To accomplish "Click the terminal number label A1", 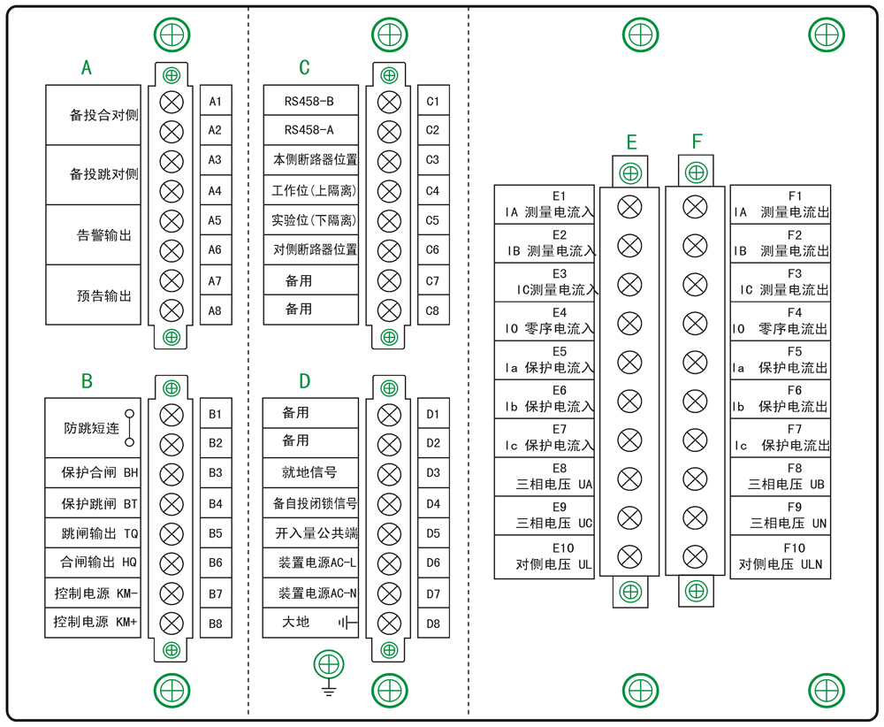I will [215, 101].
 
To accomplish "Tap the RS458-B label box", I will [310, 101].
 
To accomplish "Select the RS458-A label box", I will [310, 130].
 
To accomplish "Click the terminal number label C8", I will [432, 310].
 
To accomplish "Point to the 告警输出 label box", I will [93, 235].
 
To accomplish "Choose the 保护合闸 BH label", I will [93, 473].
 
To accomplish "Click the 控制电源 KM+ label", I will [93, 622].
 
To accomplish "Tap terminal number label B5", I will [215, 533].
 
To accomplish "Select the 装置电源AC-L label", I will [310, 562].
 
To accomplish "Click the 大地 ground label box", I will [310, 623].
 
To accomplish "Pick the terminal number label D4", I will [433, 503].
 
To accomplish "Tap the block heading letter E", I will [631, 142].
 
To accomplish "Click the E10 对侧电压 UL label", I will [545, 556].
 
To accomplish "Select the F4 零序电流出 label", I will [780, 321].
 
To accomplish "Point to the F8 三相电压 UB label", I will [780, 477].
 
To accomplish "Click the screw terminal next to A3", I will [171, 161].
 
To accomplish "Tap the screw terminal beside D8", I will [389, 623].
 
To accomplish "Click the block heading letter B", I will [87, 381].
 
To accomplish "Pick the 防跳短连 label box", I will [93, 427].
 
